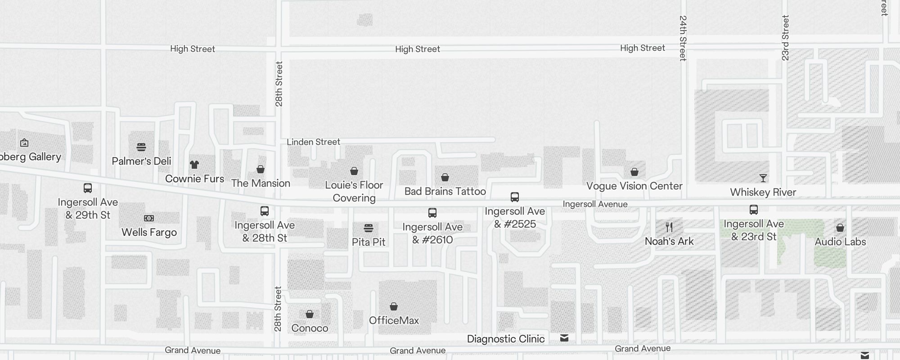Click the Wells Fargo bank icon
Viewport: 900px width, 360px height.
tap(149, 218)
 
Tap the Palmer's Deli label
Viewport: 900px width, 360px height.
tap(141, 161)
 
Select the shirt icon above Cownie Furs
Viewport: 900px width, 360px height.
tap(194, 165)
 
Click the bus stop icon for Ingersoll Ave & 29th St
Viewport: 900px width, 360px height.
tap(88, 188)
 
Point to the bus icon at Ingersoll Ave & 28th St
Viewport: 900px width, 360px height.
tap(265, 211)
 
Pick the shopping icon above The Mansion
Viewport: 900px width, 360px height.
tap(261, 169)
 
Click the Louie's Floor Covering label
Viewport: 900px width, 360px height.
tap(354, 191)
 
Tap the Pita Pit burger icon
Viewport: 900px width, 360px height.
tap(369, 228)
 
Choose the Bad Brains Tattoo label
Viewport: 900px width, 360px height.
tap(445, 191)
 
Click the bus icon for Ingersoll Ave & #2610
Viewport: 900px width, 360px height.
tap(432, 212)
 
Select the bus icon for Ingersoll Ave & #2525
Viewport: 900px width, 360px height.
tap(515, 197)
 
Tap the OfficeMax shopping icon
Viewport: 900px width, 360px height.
tap(394, 306)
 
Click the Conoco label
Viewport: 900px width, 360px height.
tap(310, 328)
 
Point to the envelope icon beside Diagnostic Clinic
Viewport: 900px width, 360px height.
tap(564, 338)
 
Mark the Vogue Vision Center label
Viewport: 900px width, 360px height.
tap(634, 186)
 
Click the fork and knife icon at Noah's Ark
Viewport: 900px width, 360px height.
tap(669, 227)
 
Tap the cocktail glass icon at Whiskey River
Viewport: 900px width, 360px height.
tap(763, 178)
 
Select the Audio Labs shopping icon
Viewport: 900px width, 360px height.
tap(840, 228)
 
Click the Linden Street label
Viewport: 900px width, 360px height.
tap(313, 142)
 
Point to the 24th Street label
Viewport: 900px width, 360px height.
tap(683, 38)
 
